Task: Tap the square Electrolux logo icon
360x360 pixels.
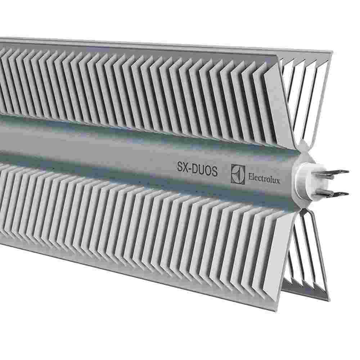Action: point(238,174)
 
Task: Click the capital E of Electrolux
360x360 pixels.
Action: point(249,177)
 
